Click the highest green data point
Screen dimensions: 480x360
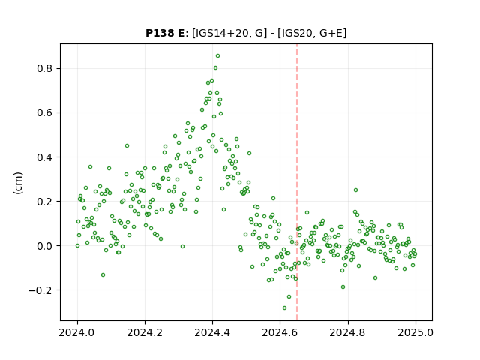click(x=217, y=56)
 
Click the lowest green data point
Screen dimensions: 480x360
click(x=284, y=308)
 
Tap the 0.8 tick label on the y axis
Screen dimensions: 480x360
click(x=45, y=68)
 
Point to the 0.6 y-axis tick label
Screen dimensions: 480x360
click(x=45, y=113)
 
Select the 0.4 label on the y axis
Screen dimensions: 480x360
click(x=45, y=157)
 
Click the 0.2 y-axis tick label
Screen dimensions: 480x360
click(x=45, y=202)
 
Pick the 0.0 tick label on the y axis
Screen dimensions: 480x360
click(x=45, y=246)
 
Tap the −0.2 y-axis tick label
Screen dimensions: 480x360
click(x=40, y=290)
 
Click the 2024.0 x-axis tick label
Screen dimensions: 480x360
click(x=77, y=332)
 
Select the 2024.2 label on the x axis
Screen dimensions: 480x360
click(x=145, y=332)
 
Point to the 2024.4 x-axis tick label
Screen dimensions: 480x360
click(x=212, y=332)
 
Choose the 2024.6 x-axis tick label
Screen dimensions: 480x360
click(x=280, y=332)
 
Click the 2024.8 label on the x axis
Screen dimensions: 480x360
click(x=347, y=332)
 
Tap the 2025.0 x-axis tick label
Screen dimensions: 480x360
click(x=415, y=332)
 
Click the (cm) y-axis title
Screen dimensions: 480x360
click(x=18, y=183)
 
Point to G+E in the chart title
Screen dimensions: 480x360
click(x=331, y=33)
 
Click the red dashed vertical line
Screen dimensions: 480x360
click(x=297, y=182)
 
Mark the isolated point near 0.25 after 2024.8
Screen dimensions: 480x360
click(x=355, y=190)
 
